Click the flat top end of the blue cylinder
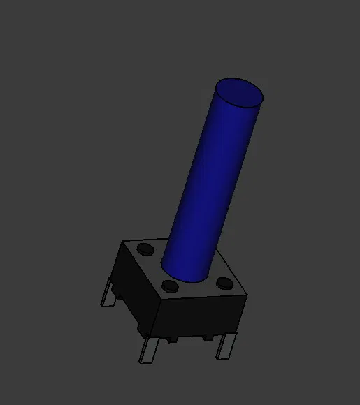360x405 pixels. [238, 92]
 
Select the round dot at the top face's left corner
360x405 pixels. [145, 249]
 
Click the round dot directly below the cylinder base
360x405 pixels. [168, 286]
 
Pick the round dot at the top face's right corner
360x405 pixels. [224, 283]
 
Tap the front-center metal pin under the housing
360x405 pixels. [148, 348]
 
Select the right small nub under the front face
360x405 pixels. [207, 337]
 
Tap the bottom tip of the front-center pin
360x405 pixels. [143, 361]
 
